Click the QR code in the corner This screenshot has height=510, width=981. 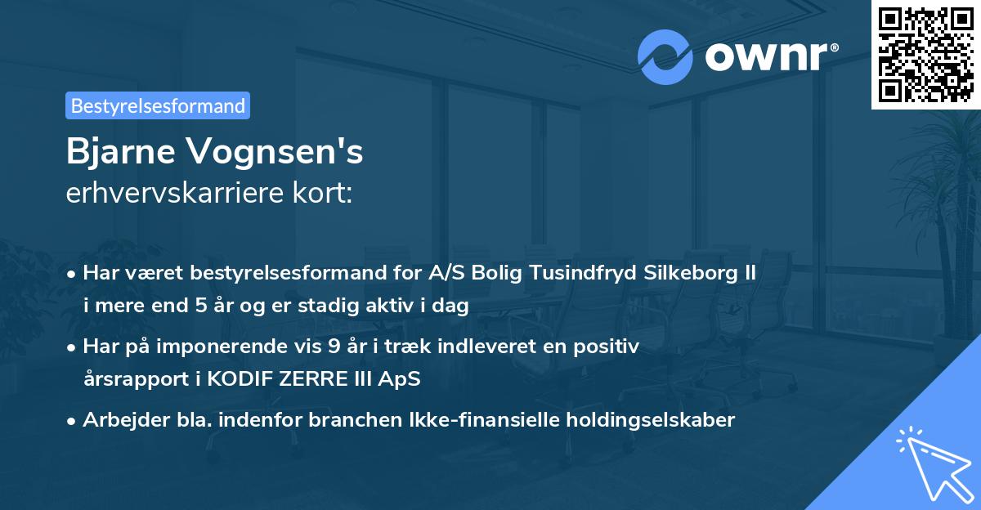tap(925, 54)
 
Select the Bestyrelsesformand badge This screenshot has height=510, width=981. tap(158, 105)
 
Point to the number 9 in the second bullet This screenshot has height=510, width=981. tap(334, 347)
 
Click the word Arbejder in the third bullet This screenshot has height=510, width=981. tap(118, 420)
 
